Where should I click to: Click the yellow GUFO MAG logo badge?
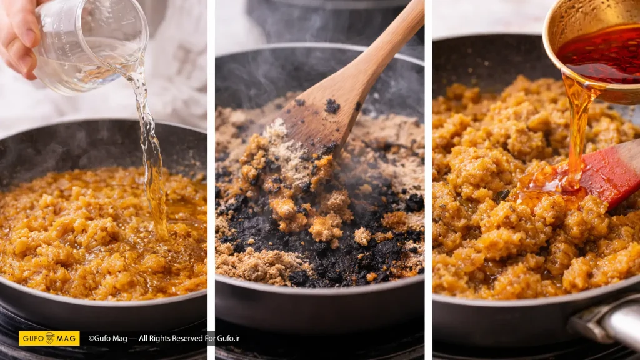coord(49,338)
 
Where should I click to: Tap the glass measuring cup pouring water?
coord(91,45)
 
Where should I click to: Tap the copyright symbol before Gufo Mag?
coord(91,338)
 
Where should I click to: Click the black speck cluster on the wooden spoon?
coord(332,106)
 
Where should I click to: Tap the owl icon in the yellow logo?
coord(50,338)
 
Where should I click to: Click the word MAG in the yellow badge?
coord(66,338)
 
